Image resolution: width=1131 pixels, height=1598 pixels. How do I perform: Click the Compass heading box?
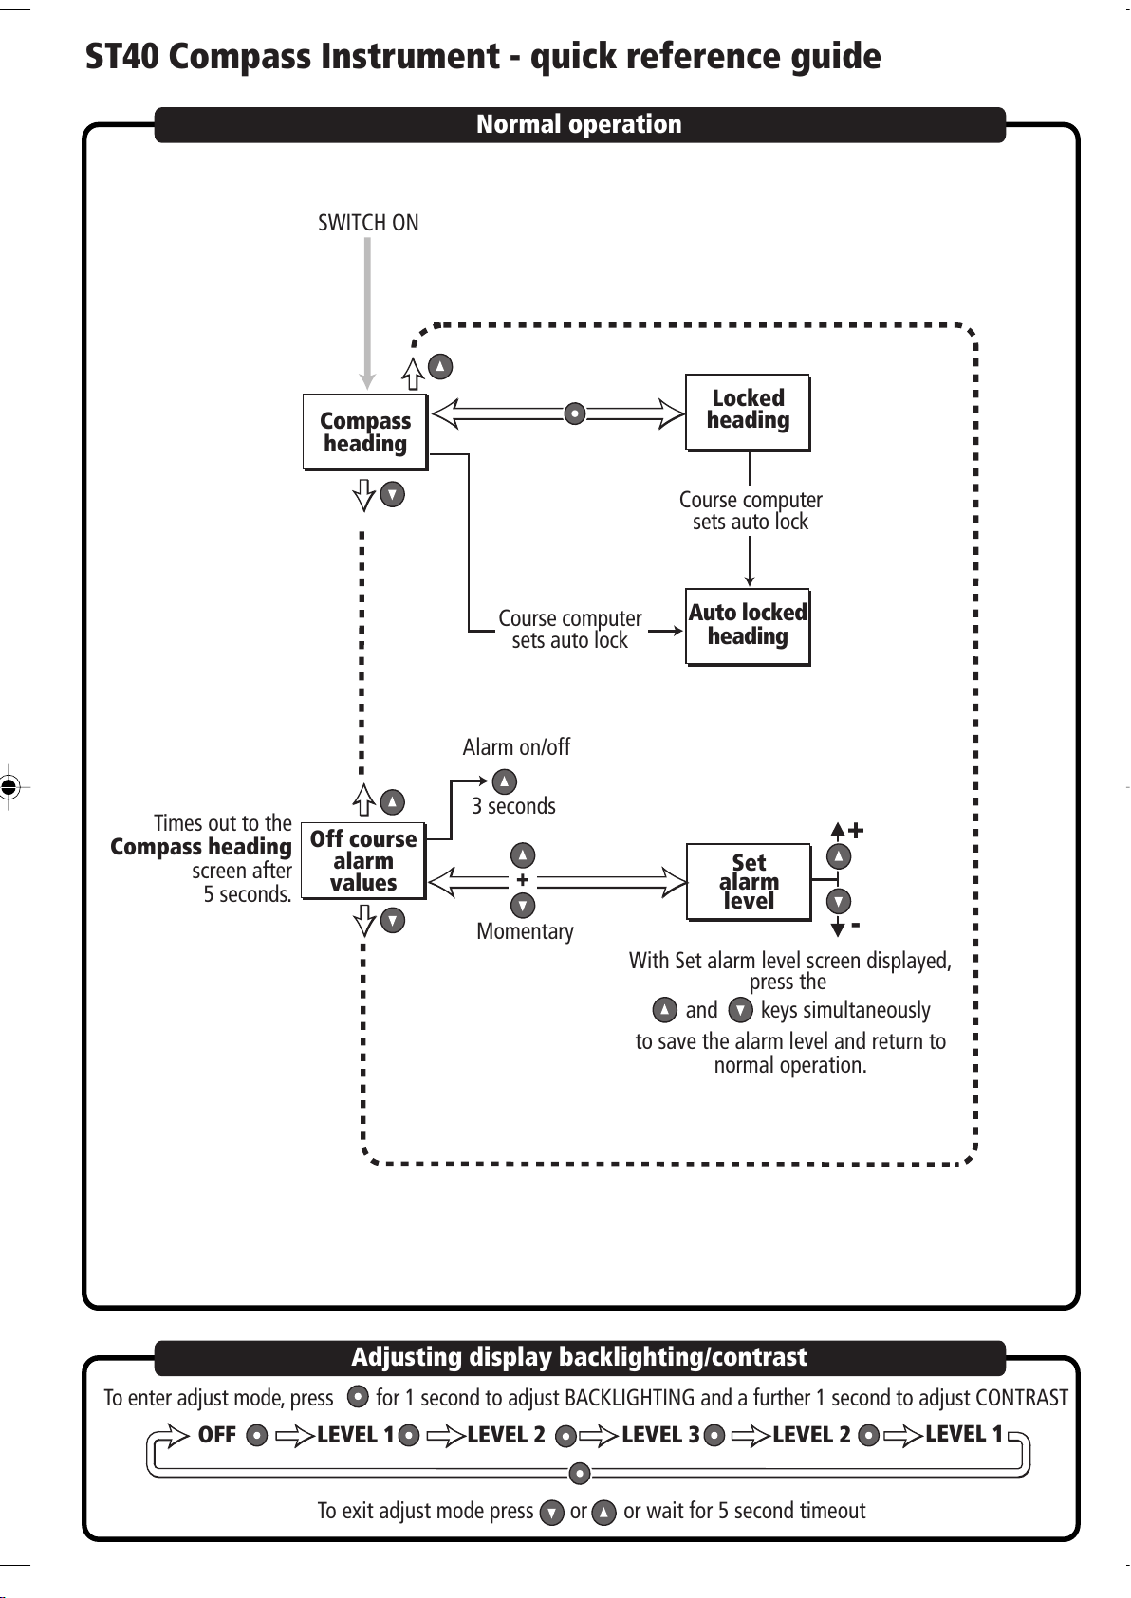tap(364, 432)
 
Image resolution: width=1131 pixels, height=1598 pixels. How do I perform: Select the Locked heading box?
tap(748, 411)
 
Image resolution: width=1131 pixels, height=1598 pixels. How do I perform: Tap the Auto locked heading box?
tap(748, 626)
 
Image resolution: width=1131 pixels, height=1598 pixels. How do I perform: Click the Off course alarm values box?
tap(363, 861)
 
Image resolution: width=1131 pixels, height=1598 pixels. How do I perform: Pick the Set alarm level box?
tap(749, 882)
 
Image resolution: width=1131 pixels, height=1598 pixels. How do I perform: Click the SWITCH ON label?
tap(368, 223)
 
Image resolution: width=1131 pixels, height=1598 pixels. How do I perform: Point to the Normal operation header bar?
tap(579, 124)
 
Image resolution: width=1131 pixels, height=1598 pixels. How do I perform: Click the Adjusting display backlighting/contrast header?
tap(579, 1357)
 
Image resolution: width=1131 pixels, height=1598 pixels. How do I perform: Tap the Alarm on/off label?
tap(516, 747)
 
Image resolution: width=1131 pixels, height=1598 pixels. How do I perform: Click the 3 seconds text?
tap(514, 806)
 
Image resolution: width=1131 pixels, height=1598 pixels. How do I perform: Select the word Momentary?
tap(525, 931)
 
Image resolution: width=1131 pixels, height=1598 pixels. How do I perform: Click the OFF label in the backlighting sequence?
tap(216, 1435)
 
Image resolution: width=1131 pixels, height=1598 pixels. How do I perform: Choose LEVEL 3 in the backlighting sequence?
tap(660, 1435)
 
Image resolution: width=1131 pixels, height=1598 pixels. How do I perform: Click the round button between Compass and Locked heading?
tap(574, 413)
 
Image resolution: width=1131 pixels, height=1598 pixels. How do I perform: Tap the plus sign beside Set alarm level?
tap(856, 831)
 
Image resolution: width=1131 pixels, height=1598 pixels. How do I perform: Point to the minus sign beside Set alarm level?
tap(856, 924)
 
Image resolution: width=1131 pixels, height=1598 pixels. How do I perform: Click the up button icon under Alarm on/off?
tap(504, 781)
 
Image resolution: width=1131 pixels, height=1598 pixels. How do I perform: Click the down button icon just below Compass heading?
tap(392, 494)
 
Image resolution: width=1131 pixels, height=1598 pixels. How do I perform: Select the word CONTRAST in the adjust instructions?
tap(1022, 1398)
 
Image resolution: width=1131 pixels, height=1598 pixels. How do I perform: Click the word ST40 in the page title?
tap(122, 57)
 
